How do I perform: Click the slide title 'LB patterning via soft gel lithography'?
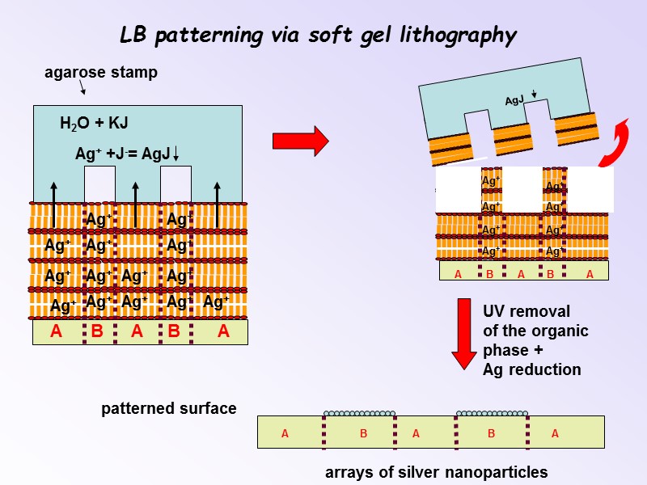point(317,36)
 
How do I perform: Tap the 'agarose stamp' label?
point(100,73)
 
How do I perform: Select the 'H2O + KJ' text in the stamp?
point(94,124)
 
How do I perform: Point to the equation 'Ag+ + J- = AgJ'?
point(125,154)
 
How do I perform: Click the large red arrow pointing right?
point(300,141)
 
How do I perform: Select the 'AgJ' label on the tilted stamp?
point(514,101)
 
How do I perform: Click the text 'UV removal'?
point(526,312)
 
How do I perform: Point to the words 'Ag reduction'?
point(531,370)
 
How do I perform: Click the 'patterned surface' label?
point(168,409)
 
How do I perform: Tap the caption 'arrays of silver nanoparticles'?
point(436,472)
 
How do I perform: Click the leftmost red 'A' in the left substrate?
point(56,331)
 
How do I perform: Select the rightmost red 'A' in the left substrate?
point(223,331)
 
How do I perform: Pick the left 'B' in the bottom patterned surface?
point(364,434)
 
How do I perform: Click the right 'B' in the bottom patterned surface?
point(491,434)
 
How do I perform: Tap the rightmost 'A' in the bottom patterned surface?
point(555,434)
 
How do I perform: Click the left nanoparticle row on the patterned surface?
point(359,413)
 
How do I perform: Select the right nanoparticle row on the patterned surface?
point(492,413)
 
